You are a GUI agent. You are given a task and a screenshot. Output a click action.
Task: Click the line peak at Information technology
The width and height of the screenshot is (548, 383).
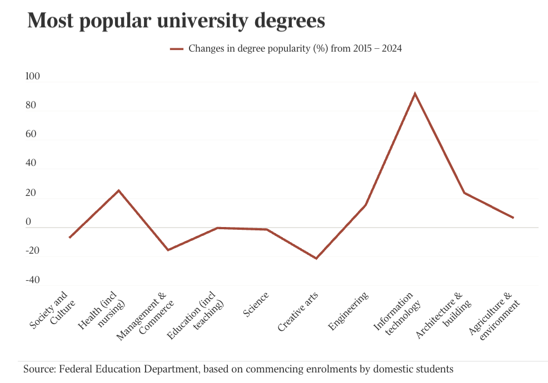[415, 93]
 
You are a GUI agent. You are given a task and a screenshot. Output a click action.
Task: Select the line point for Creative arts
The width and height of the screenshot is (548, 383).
[316, 259]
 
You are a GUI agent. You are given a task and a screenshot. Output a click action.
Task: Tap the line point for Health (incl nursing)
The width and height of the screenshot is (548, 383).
[118, 190]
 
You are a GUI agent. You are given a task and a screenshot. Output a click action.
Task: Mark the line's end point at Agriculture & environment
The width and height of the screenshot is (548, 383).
[513, 218]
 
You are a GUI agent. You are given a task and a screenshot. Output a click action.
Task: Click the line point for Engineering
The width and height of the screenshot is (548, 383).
[365, 205]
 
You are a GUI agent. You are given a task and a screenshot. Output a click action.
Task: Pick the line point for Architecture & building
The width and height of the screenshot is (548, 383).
[464, 193]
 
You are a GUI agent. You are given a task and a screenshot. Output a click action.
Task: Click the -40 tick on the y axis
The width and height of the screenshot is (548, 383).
[32, 280]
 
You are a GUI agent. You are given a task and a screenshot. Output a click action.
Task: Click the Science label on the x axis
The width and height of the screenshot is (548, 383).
[256, 305]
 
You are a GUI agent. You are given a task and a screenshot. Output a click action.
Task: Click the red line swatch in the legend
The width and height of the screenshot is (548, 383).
[177, 49]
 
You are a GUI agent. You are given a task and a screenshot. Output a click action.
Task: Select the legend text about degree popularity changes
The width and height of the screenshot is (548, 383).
[295, 49]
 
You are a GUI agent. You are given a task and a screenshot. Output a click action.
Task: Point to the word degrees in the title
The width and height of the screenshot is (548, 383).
[290, 22]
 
